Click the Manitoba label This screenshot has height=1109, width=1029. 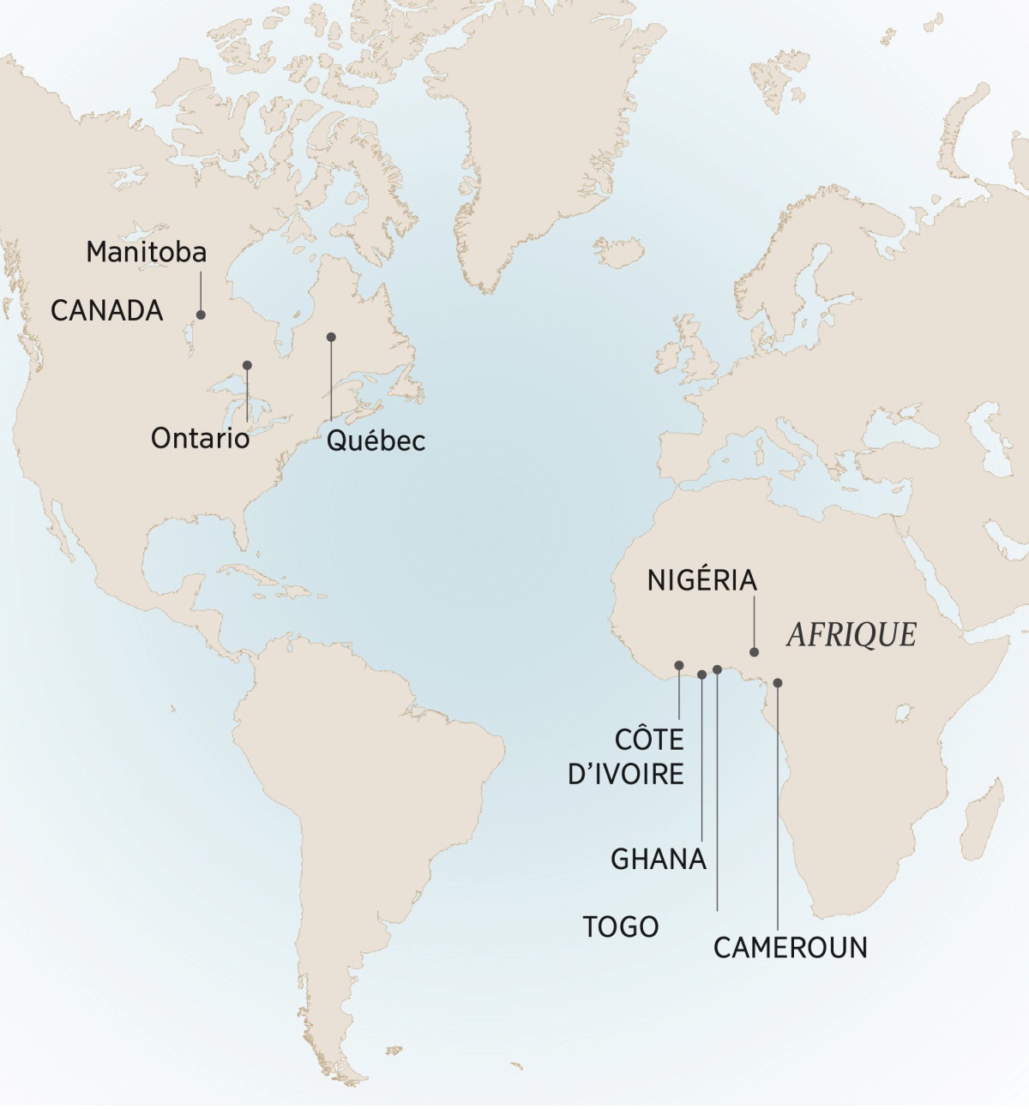(147, 252)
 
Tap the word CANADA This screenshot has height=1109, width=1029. (107, 310)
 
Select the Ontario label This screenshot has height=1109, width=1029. (201, 438)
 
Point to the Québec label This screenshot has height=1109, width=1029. (376, 441)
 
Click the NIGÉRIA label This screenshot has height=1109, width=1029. (702, 580)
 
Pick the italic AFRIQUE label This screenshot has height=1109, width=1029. (851, 634)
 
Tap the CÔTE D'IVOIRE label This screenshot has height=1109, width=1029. (627, 757)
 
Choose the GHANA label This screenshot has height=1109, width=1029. (659, 859)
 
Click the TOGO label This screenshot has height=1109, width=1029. (621, 926)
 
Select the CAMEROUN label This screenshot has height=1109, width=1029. (791, 948)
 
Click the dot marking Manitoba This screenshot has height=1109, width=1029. (202, 315)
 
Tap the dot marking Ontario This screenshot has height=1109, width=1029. (247, 365)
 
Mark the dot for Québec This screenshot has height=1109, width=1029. (331, 337)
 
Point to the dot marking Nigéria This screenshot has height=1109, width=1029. (755, 652)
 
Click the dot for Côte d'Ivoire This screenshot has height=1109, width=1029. (679, 665)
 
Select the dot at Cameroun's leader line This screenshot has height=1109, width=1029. (778, 683)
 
